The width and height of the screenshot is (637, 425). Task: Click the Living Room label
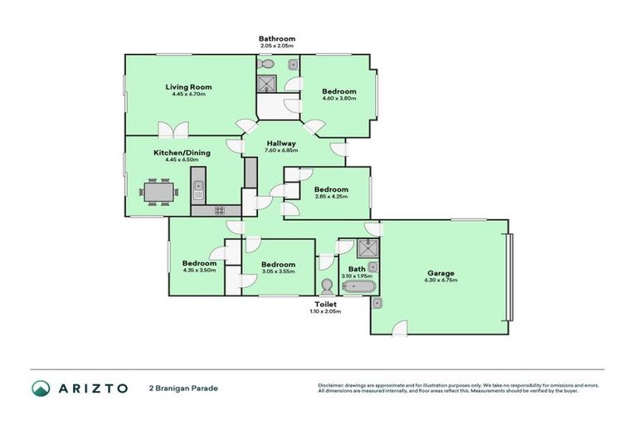click(x=188, y=86)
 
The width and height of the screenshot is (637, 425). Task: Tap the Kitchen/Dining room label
click(x=182, y=152)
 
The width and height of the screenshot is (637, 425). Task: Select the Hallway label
click(x=282, y=143)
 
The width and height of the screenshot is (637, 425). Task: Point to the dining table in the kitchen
click(x=158, y=193)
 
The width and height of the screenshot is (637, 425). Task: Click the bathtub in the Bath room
click(x=358, y=287)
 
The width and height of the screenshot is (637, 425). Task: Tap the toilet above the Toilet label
click(x=327, y=287)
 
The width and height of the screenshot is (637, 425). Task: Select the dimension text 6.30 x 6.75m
click(x=440, y=281)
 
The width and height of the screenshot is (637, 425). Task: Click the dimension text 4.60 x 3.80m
click(x=338, y=99)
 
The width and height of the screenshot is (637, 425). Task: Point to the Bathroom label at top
click(x=276, y=39)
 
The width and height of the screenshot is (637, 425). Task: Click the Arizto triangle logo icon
click(x=41, y=388)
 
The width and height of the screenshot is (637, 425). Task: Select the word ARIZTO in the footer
click(x=92, y=388)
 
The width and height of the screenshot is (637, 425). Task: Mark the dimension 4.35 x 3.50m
click(x=199, y=271)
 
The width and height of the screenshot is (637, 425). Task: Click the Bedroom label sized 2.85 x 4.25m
click(x=331, y=189)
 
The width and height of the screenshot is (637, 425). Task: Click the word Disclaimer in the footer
click(x=331, y=385)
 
